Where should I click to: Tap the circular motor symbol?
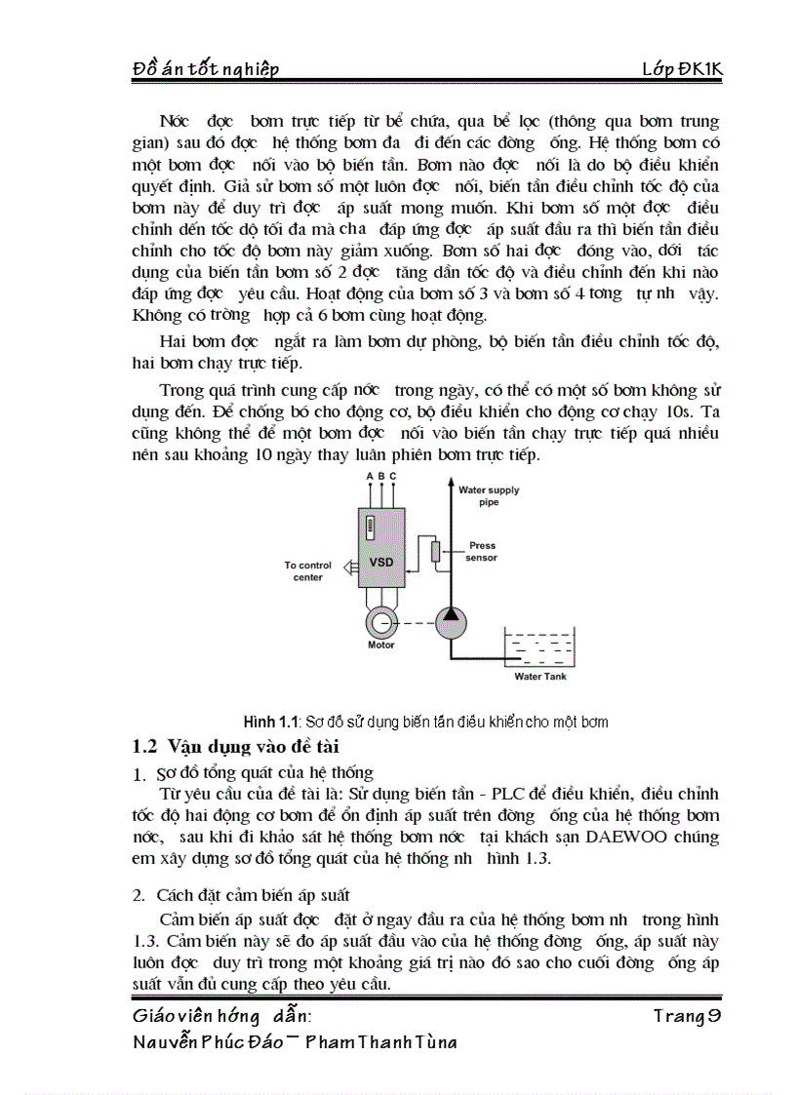click(379, 621)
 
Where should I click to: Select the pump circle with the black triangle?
click(450, 622)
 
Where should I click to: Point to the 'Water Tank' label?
click(539, 676)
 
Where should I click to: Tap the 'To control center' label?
click(308, 570)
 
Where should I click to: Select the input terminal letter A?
click(369, 475)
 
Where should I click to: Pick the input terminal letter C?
click(393, 475)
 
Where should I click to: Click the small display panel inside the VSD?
click(370, 528)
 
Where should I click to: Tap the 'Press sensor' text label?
click(482, 552)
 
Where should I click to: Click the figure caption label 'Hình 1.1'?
click(269, 722)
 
